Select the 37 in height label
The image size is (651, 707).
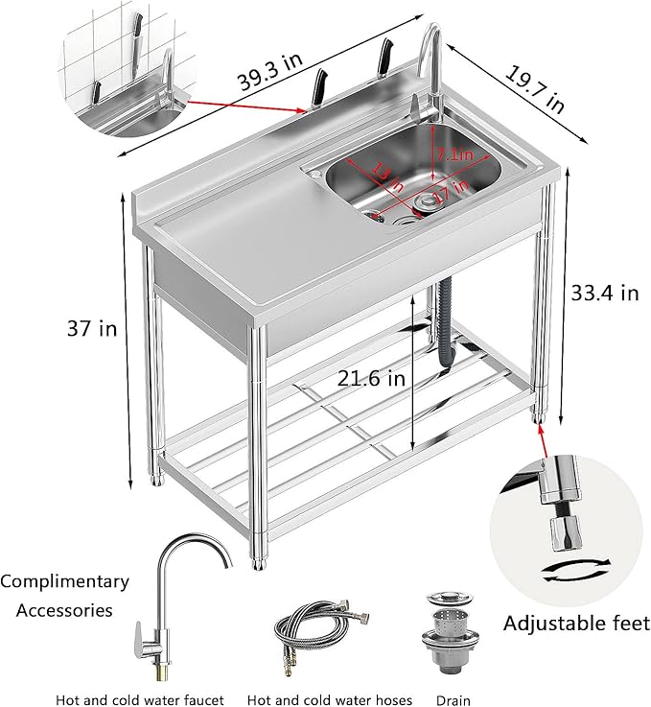pyautogui.click(x=94, y=329)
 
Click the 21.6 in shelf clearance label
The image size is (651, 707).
pyautogui.click(x=371, y=379)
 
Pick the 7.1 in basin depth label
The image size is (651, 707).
pyautogui.click(x=454, y=153)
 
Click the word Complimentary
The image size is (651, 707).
pyautogui.click(x=65, y=581)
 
